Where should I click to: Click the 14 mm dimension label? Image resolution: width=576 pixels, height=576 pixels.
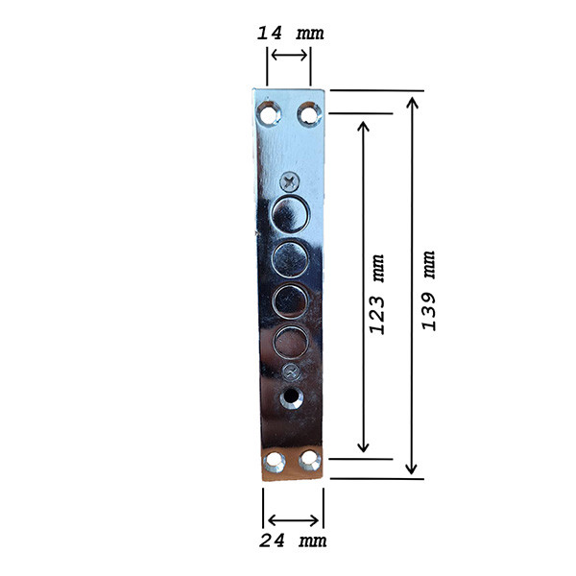click(x=290, y=33)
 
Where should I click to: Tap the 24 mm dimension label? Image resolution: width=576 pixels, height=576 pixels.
click(x=293, y=540)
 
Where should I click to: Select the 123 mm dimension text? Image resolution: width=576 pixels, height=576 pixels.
click(x=377, y=294)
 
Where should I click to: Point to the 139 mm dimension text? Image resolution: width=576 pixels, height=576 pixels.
click(x=428, y=291)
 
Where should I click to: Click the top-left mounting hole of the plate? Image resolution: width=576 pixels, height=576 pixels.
click(x=269, y=113)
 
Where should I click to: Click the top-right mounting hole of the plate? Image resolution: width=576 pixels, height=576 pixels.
click(x=309, y=114)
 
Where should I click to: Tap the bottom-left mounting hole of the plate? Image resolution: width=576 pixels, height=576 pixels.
click(x=275, y=462)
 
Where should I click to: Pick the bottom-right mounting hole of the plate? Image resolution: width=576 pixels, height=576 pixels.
click(x=310, y=460)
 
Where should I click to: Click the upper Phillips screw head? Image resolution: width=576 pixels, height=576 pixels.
click(x=290, y=181)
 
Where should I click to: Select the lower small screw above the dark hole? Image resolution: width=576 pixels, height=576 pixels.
click(x=291, y=372)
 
